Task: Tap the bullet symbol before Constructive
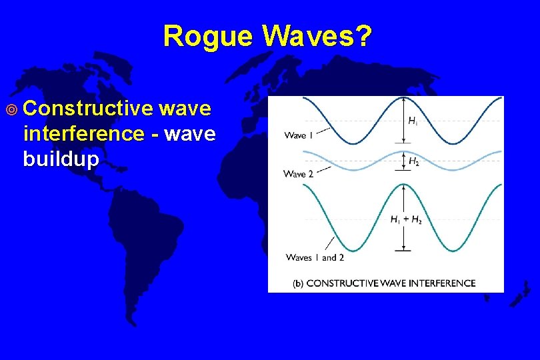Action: pyautogui.click(x=17, y=109)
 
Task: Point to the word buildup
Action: pyautogui.click(x=61, y=159)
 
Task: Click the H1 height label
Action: pyautogui.click(x=413, y=121)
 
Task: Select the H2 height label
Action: pyautogui.click(x=413, y=161)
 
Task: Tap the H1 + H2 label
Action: pyautogui.click(x=406, y=220)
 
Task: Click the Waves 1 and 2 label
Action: pyautogui.click(x=315, y=257)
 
